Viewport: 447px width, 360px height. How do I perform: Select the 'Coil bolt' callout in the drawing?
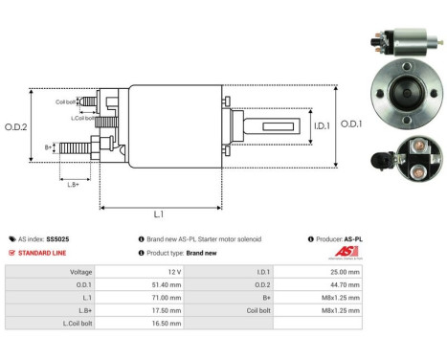click(65, 101)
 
